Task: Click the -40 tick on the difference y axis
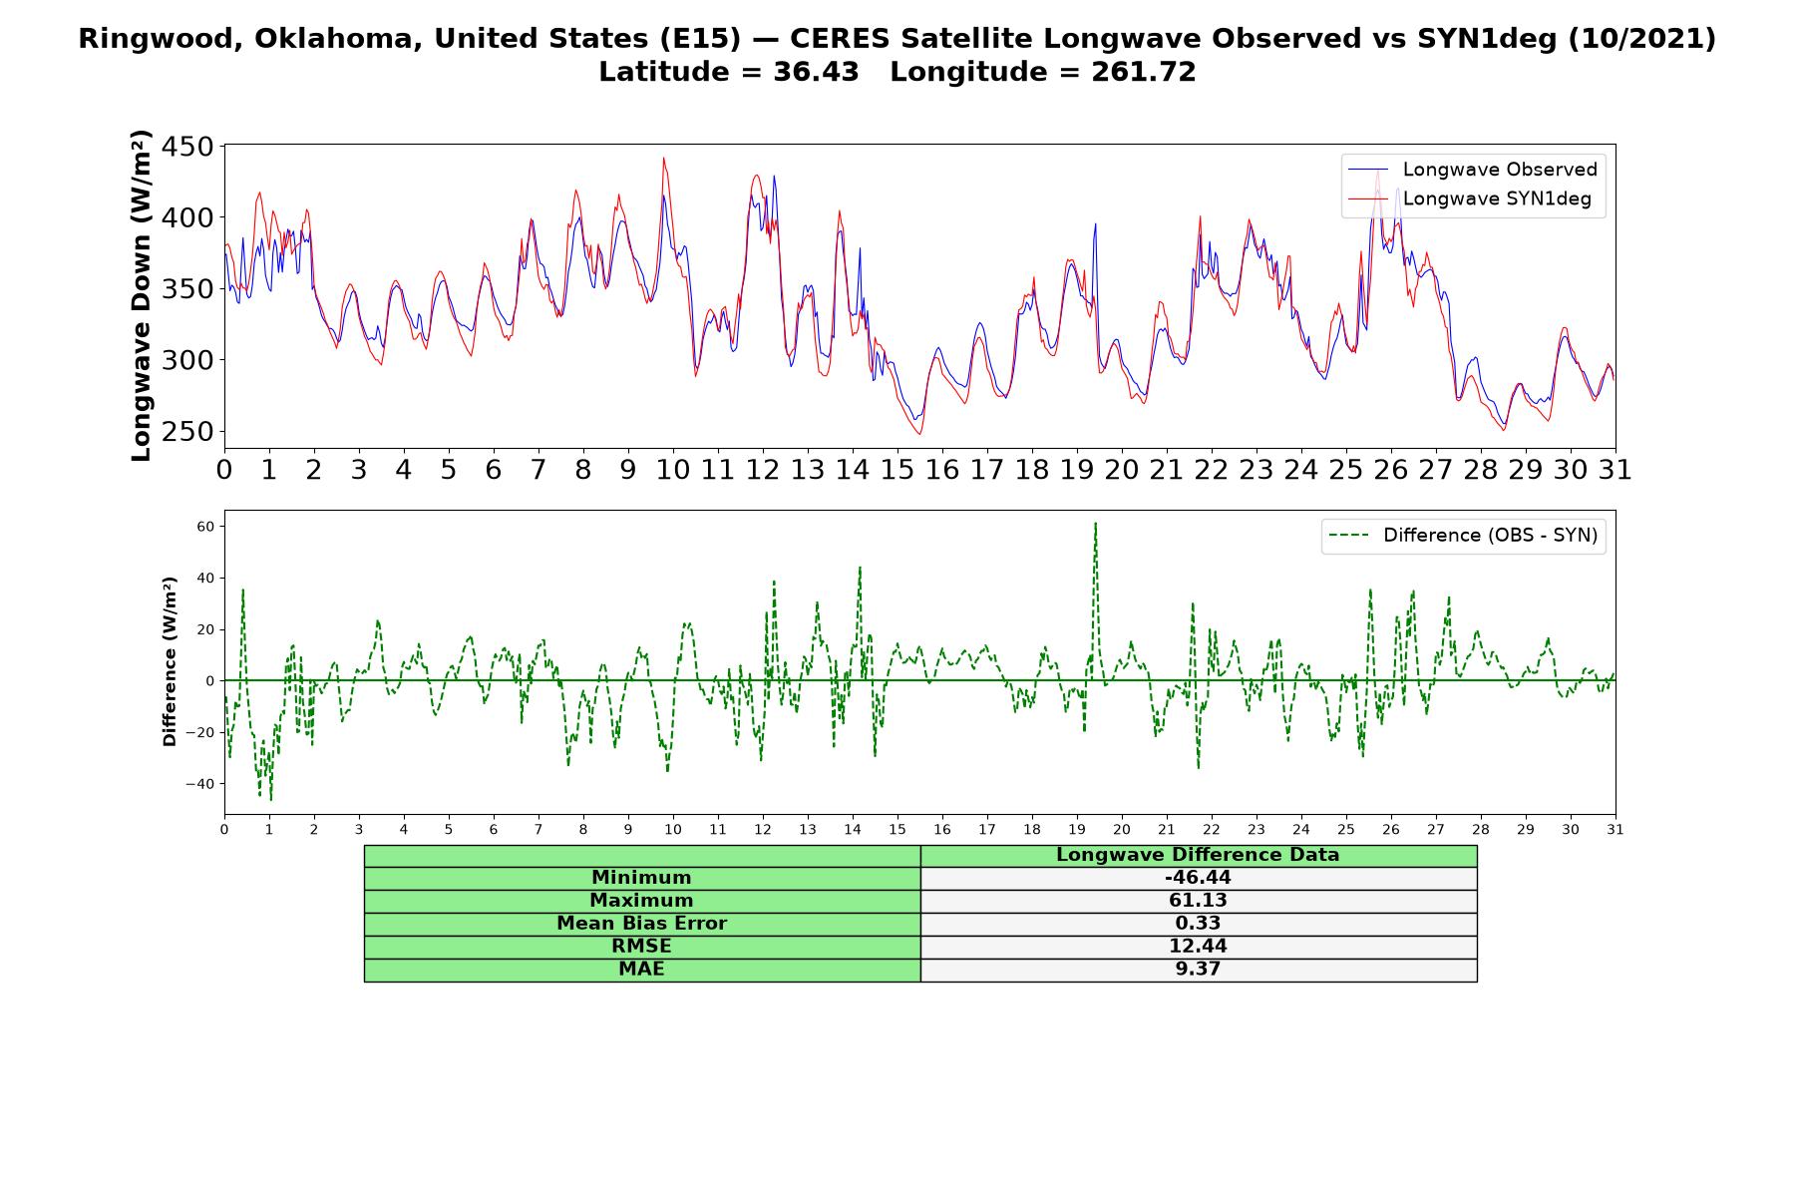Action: tap(202, 784)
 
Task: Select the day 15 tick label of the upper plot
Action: tap(897, 469)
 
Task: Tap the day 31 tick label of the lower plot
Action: tap(1615, 829)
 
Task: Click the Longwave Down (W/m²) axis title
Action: tap(142, 295)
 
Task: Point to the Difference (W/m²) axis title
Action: tap(170, 661)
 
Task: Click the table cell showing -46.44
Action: tap(1198, 878)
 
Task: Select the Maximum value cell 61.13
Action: tap(1198, 901)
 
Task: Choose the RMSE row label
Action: tap(641, 946)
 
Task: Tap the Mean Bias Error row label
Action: tap(641, 924)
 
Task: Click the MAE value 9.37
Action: tap(1198, 969)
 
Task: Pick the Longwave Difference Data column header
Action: tap(1198, 855)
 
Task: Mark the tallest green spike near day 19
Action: tap(1095, 524)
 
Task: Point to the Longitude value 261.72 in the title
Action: tap(1145, 72)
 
